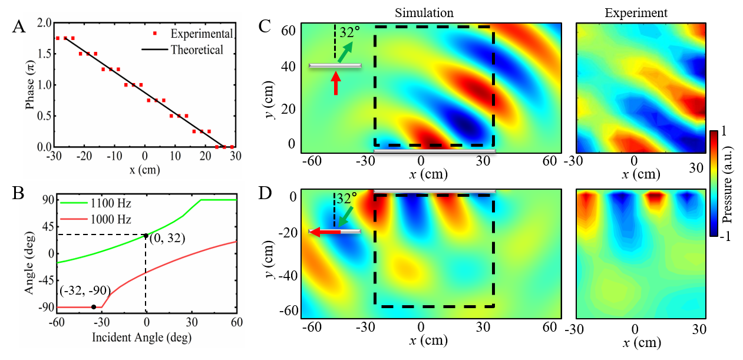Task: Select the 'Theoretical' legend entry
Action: pyautogui.click(x=197, y=49)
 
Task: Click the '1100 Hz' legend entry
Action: pyautogui.click(x=110, y=203)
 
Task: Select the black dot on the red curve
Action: pyautogui.click(x=94, y=307)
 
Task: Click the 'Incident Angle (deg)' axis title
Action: pyautogui.click(x=142, y=338)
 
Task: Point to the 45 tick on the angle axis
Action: pyautogui.click(x=45, y=227)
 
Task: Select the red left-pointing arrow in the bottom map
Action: pyautogui.click(x=326, y=232)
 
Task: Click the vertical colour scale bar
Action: pyautogui.click(x=714, y=183)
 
